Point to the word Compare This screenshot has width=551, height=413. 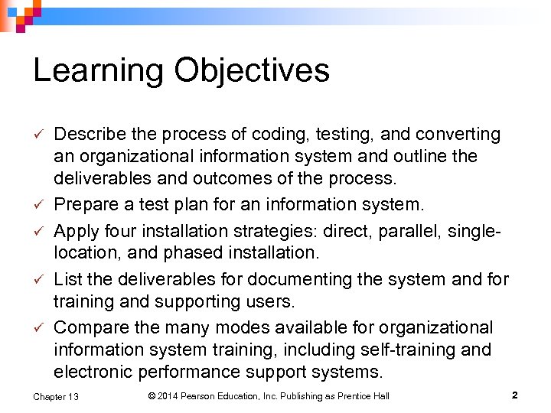coord(92,328)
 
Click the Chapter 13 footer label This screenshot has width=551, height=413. coord(55,396)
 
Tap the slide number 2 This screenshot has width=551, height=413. coord(514,395)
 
